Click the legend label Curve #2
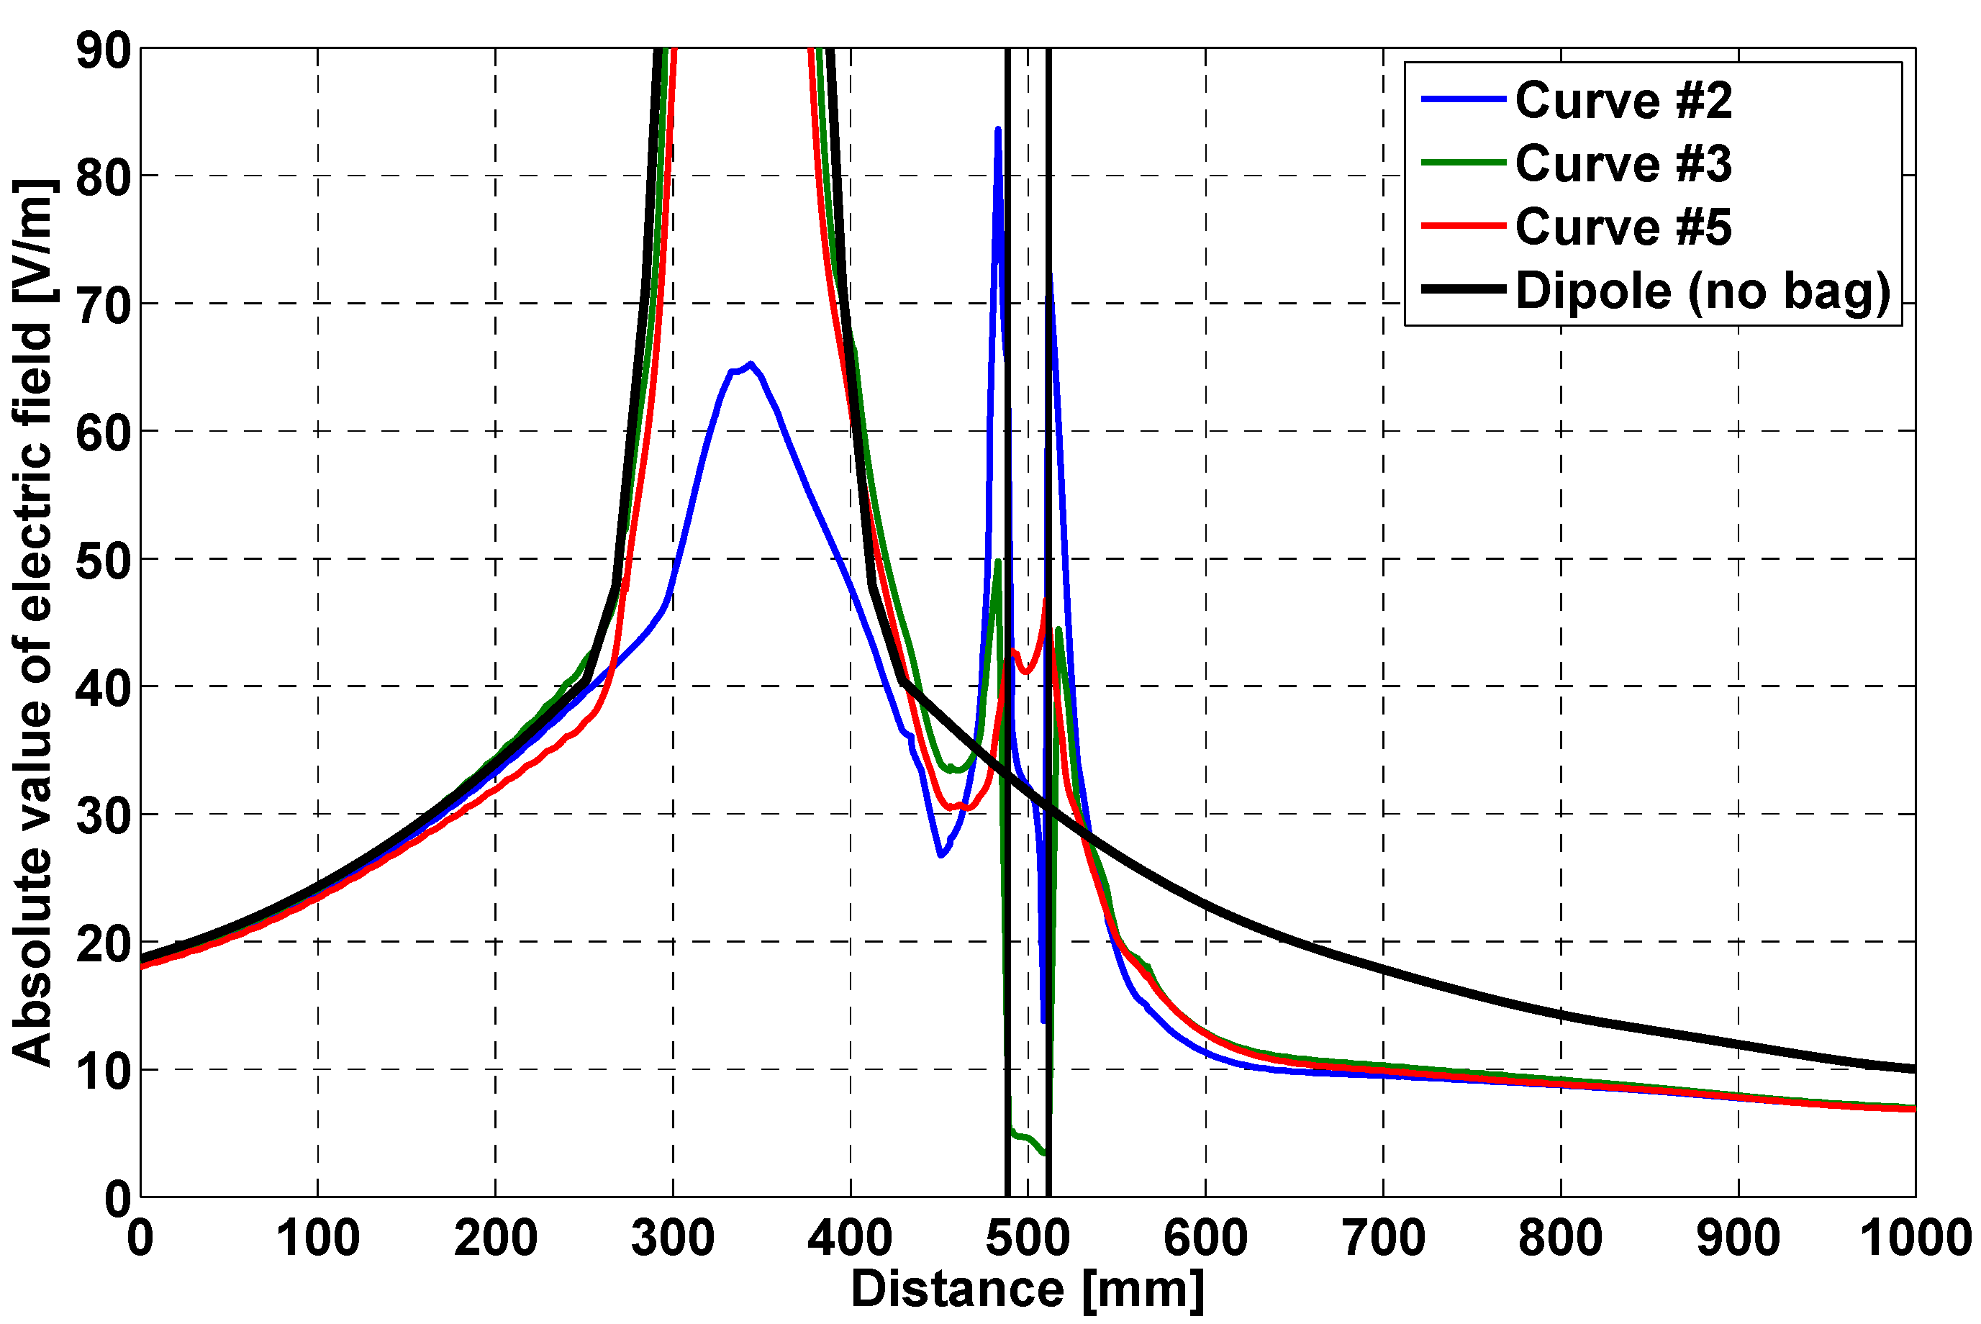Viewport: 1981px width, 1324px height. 1623,101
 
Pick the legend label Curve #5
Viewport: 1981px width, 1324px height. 1623,227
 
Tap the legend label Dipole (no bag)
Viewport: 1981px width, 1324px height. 1703,291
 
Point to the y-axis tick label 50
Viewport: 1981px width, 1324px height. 104,561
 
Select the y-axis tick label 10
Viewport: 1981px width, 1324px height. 104,1071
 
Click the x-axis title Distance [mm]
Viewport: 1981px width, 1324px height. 1027,1290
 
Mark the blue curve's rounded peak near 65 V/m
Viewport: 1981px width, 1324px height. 750,364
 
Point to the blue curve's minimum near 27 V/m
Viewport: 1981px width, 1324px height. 940,856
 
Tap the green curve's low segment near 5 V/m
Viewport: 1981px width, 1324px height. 1024,1138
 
